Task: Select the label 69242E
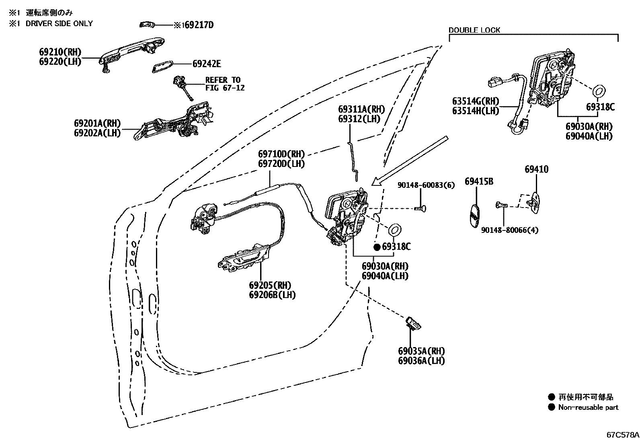[x=207, y=64]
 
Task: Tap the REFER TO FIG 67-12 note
[x=225, y=84]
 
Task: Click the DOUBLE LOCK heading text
[x=474, y=30]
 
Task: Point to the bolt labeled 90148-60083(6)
[x=421, y=208]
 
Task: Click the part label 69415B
[x=479, y=181]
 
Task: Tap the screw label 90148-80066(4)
[x=509, y=230]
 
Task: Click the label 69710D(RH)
[x=281, y=154]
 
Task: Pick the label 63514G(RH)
[x=475, y=101]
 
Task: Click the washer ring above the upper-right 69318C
[x=599, y=91]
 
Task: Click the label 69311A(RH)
[x=361, y=109]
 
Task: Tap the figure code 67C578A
[x=622, y=435]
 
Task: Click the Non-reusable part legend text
[x=588, y=407]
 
